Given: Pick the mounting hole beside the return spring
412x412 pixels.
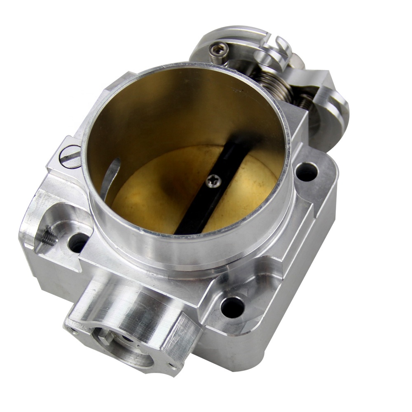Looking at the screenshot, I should point(307,171).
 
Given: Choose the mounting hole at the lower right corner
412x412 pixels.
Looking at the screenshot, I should point(233,307).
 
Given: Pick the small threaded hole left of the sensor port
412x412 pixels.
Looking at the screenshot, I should point(73,330).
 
